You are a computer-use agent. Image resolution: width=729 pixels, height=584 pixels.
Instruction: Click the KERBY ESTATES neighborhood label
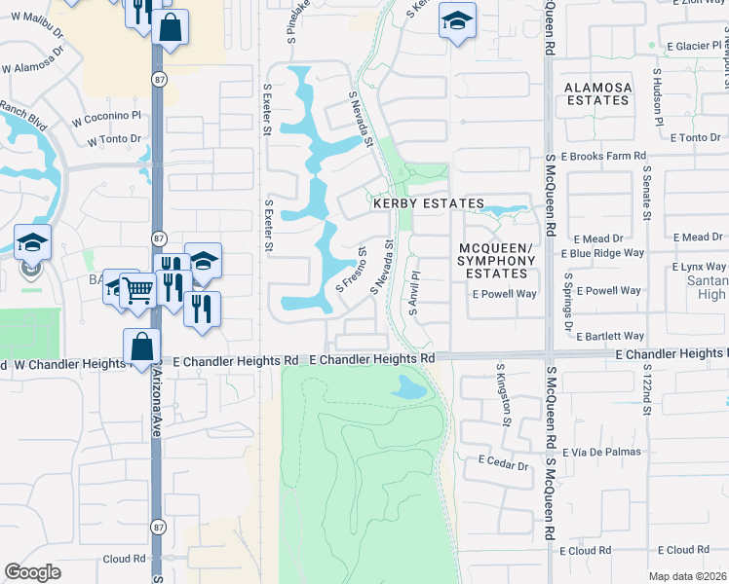[428, 203]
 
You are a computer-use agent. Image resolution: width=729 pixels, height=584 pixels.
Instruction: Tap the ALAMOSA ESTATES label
[597, 93]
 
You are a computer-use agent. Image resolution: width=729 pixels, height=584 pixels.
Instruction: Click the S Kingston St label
[505, 398]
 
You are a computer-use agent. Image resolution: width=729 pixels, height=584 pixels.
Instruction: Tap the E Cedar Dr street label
[503, 465]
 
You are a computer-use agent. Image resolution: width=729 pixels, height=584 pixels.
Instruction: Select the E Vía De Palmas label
[608, 452]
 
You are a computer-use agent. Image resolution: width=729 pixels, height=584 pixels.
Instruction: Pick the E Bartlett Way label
[610, 336]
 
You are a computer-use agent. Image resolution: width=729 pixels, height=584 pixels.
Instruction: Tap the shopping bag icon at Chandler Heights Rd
[141, 347]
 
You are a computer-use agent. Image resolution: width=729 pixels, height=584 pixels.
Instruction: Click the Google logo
[32, 572]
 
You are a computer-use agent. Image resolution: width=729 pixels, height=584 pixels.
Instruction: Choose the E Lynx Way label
[700, 267]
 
